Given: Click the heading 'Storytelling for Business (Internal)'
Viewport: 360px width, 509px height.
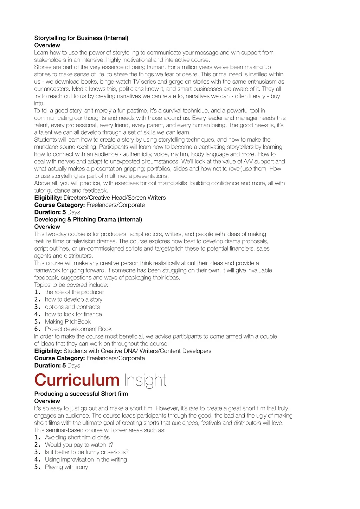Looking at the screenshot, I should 81,38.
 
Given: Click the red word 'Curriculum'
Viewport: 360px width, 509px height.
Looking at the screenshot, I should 77,380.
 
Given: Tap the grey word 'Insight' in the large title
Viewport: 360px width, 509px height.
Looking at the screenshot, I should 145,380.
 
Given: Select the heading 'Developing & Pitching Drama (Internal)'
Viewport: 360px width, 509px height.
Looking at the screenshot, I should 88,219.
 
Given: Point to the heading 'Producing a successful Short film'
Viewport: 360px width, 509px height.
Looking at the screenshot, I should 81,394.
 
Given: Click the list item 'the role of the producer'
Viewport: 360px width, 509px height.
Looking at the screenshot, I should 75,292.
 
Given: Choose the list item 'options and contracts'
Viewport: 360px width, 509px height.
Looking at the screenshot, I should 72,307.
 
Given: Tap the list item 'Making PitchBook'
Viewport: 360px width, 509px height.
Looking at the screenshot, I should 68,322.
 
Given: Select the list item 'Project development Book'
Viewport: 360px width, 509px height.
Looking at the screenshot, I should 78,329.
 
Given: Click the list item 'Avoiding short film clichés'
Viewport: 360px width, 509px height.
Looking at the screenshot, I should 77,437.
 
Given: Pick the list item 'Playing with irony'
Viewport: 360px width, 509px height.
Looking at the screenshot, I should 66,467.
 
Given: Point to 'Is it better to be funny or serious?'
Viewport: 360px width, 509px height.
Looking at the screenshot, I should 87,452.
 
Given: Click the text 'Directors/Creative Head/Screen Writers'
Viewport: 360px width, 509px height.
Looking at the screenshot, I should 115,198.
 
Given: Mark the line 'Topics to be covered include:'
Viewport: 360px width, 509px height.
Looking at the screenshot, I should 71,285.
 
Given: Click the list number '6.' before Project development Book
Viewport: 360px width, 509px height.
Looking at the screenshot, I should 38,329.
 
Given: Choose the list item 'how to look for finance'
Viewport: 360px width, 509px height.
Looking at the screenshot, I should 73,314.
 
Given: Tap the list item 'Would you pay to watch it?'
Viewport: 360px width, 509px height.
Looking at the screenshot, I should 79,445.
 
